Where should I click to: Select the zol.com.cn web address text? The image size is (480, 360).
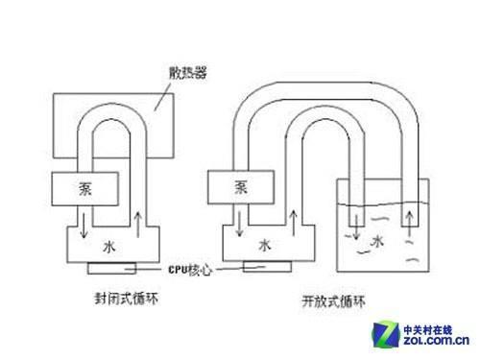(x=439, y=339)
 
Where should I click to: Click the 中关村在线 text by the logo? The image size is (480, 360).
(x=439, y=324)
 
